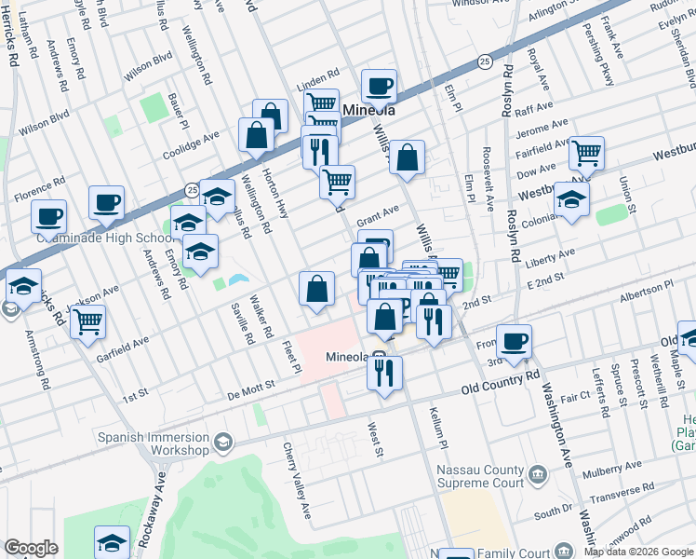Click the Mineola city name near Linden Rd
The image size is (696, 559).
370,110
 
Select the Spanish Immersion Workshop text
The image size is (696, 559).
155,443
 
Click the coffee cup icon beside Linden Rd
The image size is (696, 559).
379,87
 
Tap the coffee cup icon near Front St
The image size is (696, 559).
514,341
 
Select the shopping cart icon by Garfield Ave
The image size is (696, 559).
87,322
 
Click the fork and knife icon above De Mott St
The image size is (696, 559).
382,372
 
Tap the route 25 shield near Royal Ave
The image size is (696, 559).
485,61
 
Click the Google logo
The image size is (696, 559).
32,548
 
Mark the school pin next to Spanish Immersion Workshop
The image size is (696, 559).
222,441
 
